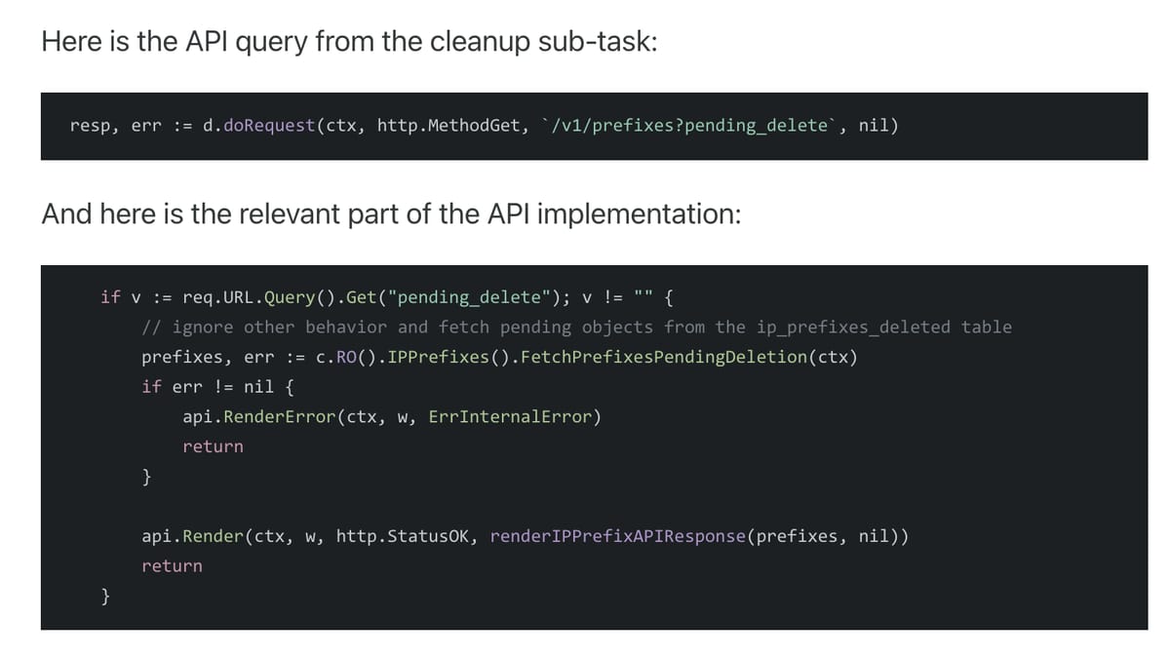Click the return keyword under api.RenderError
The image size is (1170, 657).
[x=213, y=446]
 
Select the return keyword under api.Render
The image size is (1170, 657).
[x=172, y=565]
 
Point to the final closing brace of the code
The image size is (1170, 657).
[x=105, y=596]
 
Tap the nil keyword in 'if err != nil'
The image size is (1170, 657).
[x=258, y=387]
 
